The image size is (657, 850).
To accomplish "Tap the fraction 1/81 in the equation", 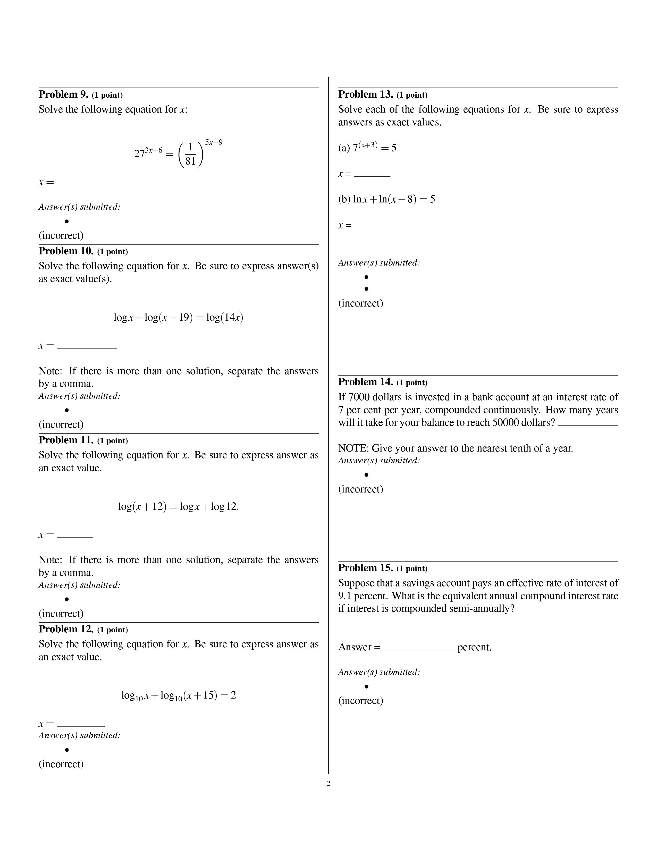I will pos(190,154).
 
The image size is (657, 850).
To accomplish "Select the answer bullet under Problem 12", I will pos(67,750).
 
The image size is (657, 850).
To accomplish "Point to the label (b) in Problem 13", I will pos(344,200).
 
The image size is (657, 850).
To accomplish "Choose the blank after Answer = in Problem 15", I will pos(418,647).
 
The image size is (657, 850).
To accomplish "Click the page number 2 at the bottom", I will pos(328,784).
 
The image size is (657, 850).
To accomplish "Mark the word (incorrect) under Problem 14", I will pos(360,489).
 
